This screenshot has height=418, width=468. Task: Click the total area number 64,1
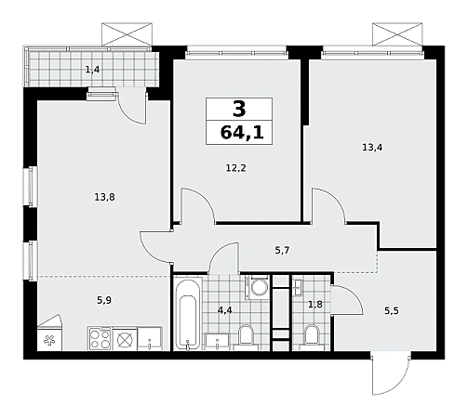pos(242,133)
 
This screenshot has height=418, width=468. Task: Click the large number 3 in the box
pos(239,110)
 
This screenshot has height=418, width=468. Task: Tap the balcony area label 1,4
pos(92,70)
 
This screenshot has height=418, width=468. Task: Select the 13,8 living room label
pos(104,197)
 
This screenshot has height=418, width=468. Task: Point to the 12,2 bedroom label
pos(235,168)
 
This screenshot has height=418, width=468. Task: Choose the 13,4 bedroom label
pos(372,148)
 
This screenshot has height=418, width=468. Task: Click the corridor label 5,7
pos(282,250)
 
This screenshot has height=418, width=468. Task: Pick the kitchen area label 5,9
pos(104,300)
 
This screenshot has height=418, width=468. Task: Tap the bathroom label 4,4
pos(225,310)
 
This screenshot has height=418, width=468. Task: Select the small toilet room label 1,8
pos(315,305)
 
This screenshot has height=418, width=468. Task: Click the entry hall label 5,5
pos(392,310)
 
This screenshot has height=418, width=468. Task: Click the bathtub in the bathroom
pos(188,314)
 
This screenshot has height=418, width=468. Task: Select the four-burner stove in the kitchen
pos(100,338)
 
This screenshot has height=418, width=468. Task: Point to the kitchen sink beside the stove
pos(150,339)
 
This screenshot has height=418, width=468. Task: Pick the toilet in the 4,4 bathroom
pos(247,337)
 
